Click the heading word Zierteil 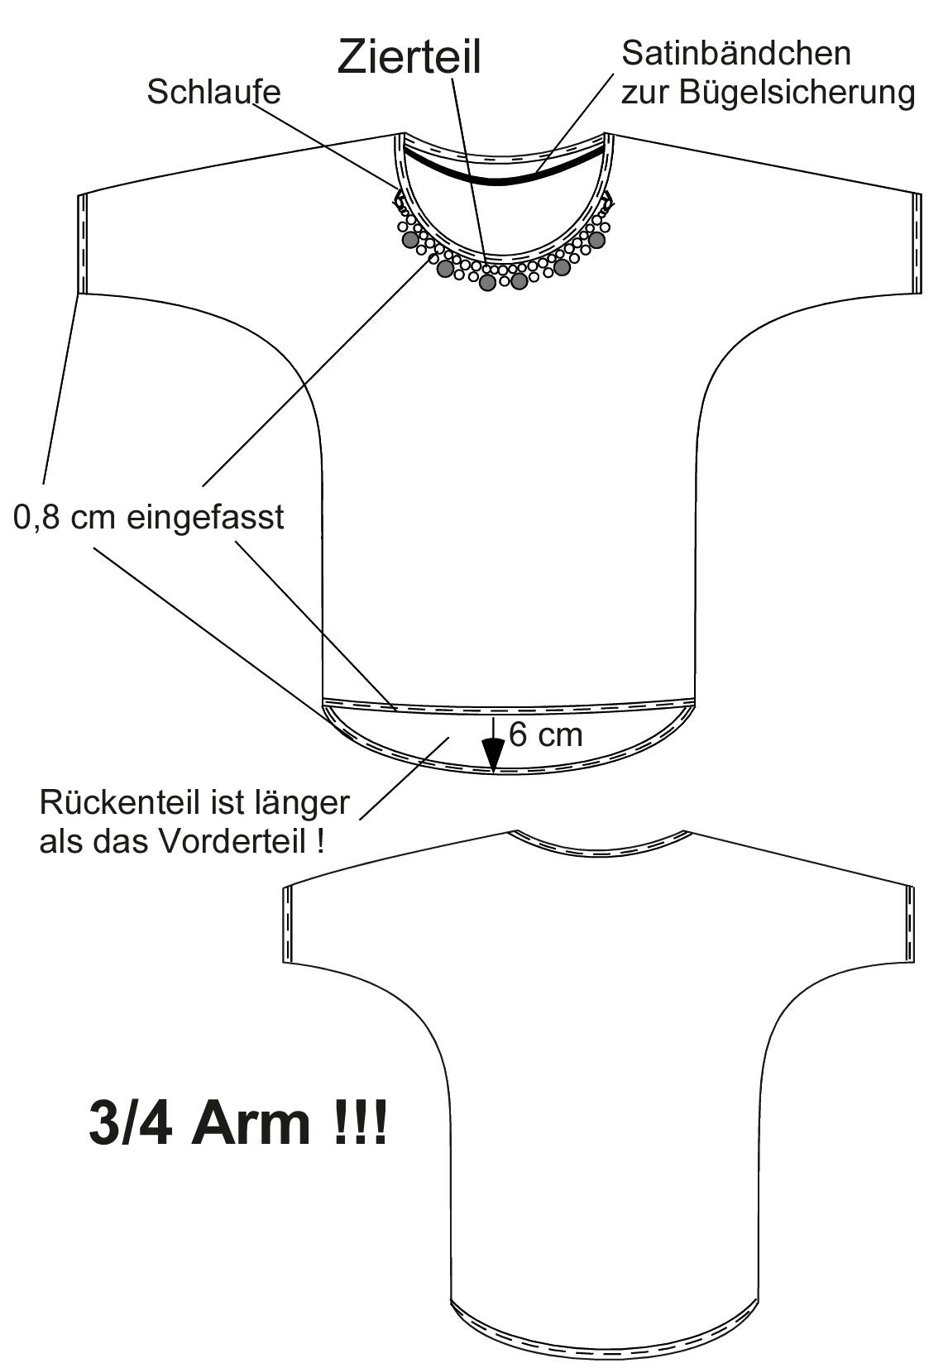coord(409,56)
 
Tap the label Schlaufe coord(213,92)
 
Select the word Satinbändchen coord(736,53)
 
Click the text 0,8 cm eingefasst coord(148,518)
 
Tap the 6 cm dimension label coord(545,734)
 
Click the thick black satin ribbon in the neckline coord(503,172)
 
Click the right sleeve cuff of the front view coord(916,244)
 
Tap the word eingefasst coord(205,518)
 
